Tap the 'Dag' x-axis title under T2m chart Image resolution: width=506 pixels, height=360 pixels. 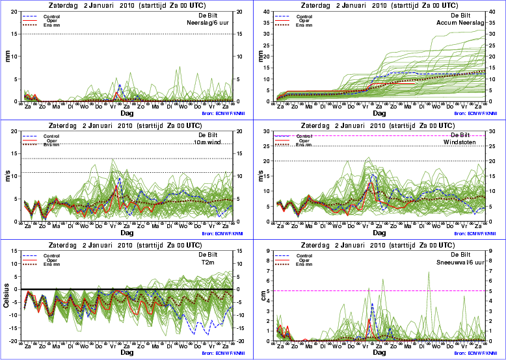[126, 353]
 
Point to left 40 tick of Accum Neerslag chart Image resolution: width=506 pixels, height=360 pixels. [276, 10]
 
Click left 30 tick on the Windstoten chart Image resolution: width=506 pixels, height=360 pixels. [276, 131]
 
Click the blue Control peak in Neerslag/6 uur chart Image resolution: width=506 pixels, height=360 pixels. [120, 85]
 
